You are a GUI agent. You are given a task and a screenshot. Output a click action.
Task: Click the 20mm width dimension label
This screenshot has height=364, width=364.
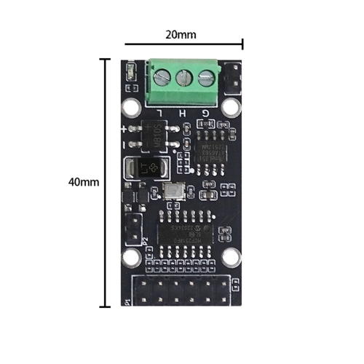click(181, 34)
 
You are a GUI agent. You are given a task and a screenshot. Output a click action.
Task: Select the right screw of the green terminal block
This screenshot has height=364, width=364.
click(207, 76)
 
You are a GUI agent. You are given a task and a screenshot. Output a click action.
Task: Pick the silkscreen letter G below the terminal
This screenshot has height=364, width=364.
click(207, 112)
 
